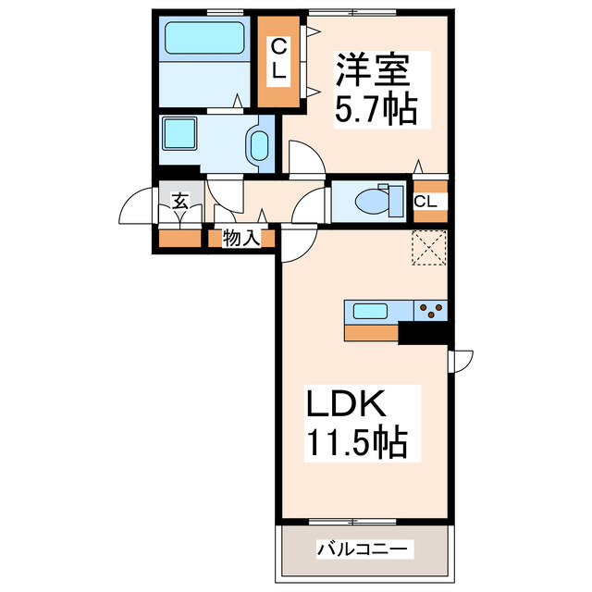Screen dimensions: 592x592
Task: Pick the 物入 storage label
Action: coord(240,239)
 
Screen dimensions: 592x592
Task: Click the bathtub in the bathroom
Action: coord(204,40)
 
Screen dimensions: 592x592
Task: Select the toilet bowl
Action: coord(375,200)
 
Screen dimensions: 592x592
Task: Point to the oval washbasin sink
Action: coord(258,145)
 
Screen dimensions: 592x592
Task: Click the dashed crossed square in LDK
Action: coord(429,248)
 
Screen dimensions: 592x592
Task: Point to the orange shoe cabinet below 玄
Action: coord(178,239)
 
